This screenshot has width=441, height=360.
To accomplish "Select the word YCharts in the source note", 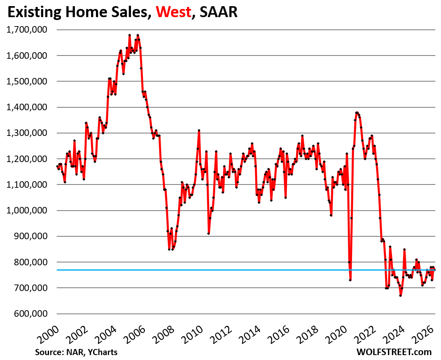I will click(104, 351).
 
